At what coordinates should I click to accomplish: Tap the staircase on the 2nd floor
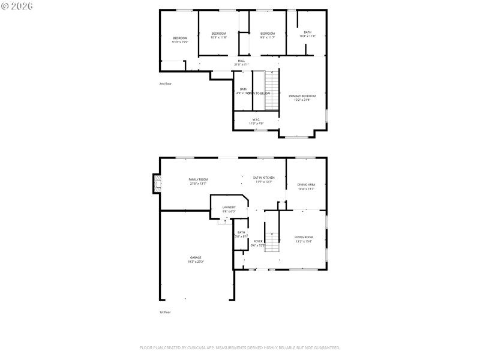point(273,90)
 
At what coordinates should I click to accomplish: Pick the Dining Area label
point(307,186)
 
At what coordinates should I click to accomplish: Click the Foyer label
point(258,242)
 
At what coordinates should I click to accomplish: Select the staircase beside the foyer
point(272,242)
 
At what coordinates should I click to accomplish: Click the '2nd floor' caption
point(165,83)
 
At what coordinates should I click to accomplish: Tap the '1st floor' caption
point(165,313)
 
